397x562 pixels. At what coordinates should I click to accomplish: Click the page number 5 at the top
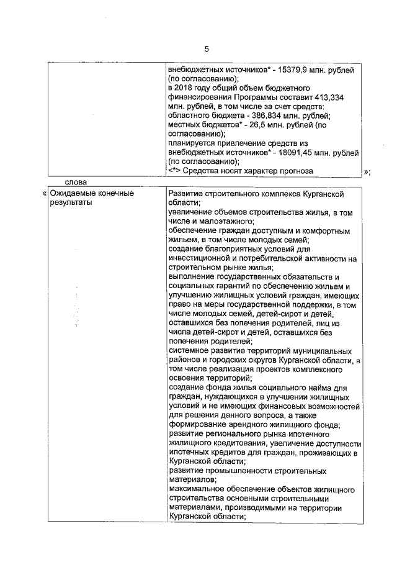[x=207, y=49]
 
